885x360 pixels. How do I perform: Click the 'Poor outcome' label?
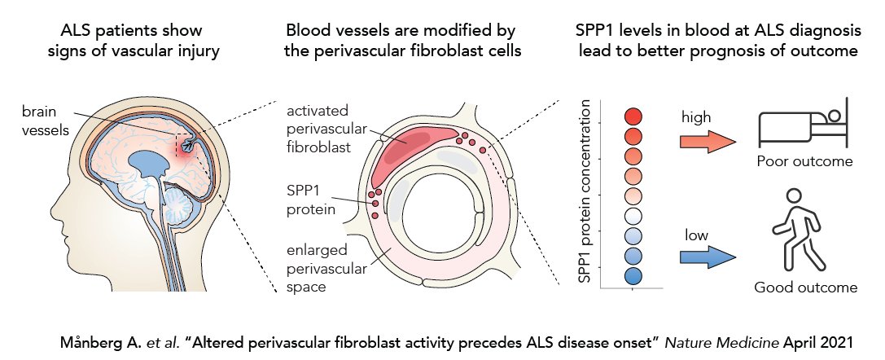[804, 161]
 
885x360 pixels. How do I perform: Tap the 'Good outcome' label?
[805, 287]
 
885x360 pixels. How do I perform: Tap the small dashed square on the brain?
[186, 143]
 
